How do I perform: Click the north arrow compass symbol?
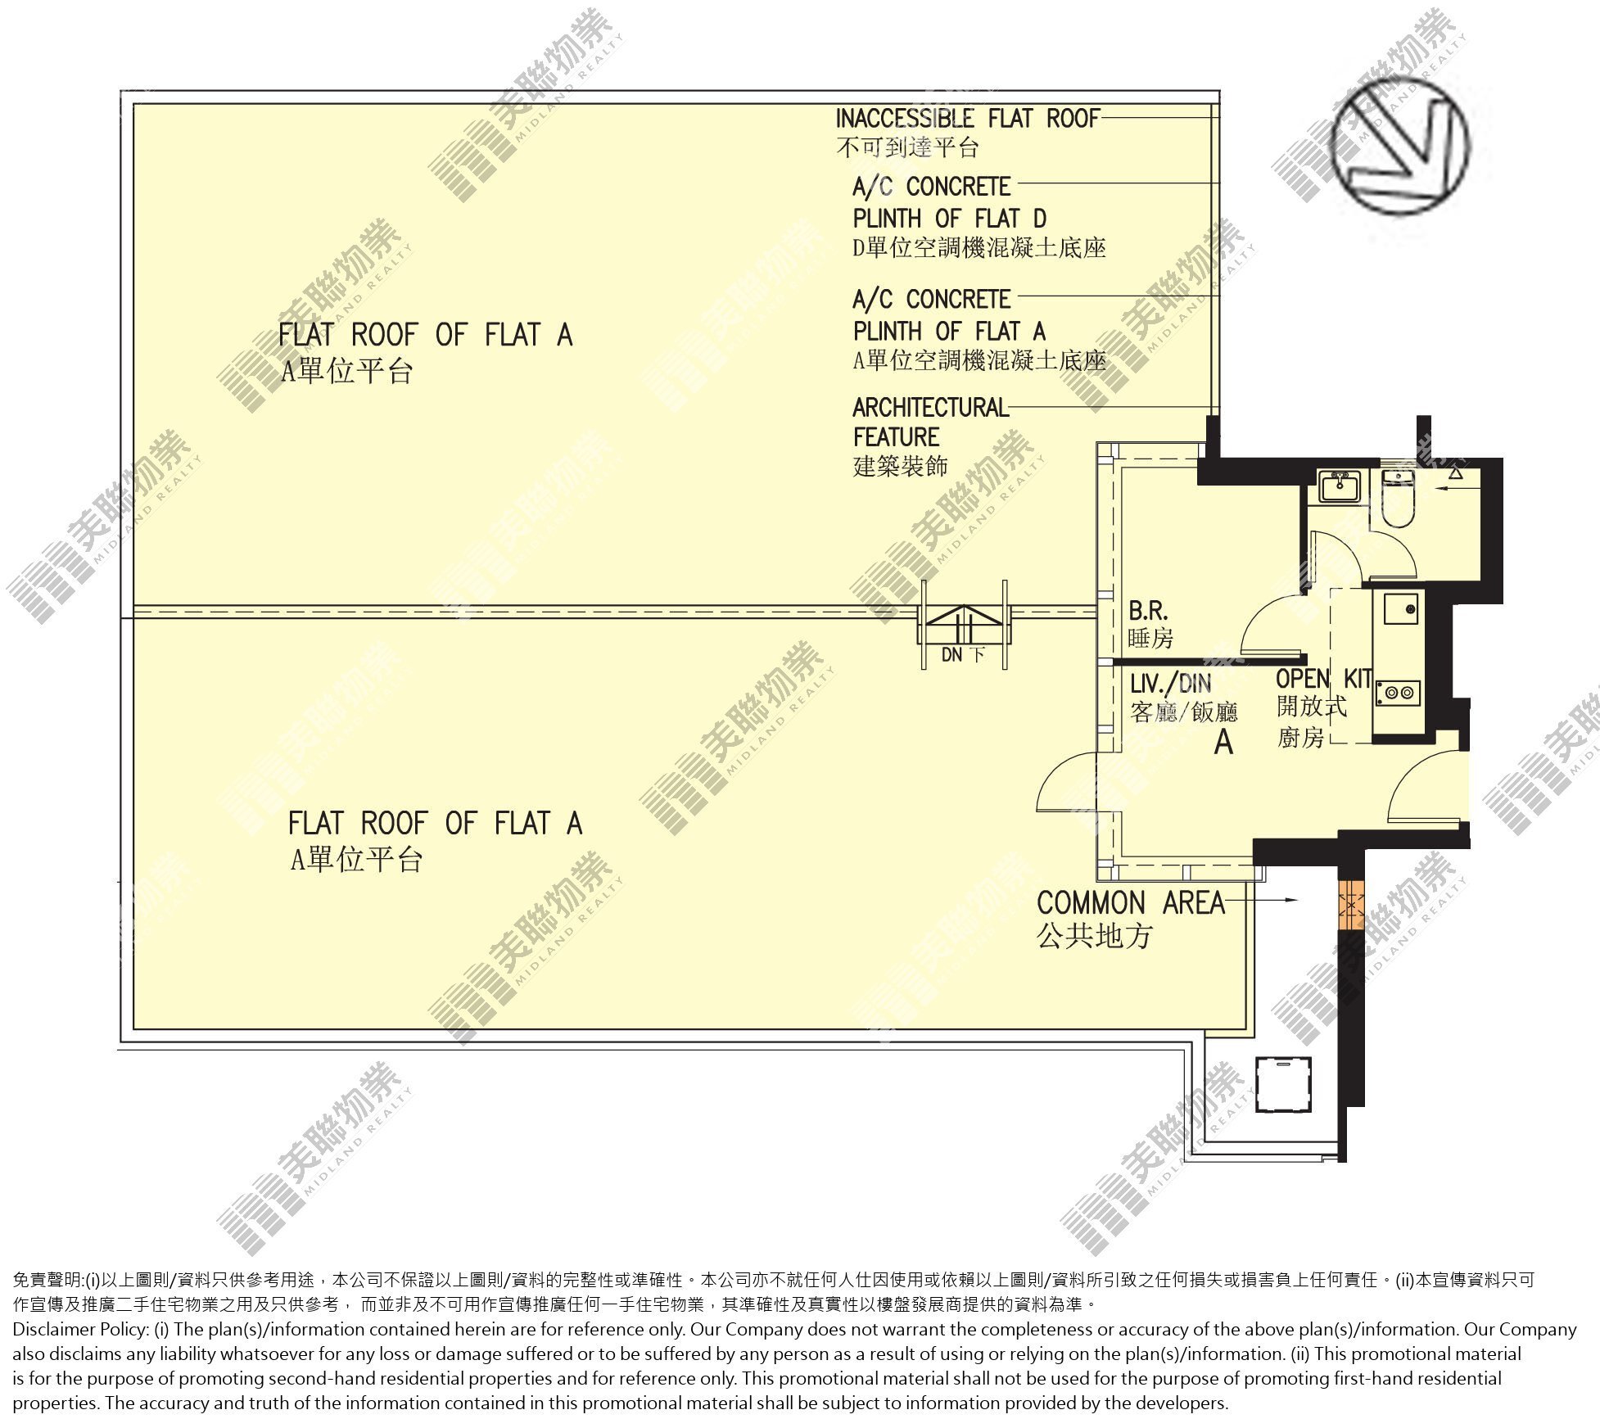(1400, 148)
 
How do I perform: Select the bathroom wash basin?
(1339, 486)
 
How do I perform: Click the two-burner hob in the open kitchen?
(1397, 693)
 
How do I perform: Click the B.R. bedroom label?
(1148, 611)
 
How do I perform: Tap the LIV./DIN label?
(1170, 684)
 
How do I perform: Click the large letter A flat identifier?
(1223, 741)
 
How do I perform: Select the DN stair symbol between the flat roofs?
(965, 626)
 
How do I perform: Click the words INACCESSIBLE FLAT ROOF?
(967, 119)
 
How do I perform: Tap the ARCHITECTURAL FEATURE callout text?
(930, 422)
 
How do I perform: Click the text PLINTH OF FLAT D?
(950, 219)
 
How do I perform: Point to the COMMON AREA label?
(1131, 903)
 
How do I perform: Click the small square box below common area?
(1283, 1084)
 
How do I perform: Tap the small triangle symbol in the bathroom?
(1456, 473)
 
